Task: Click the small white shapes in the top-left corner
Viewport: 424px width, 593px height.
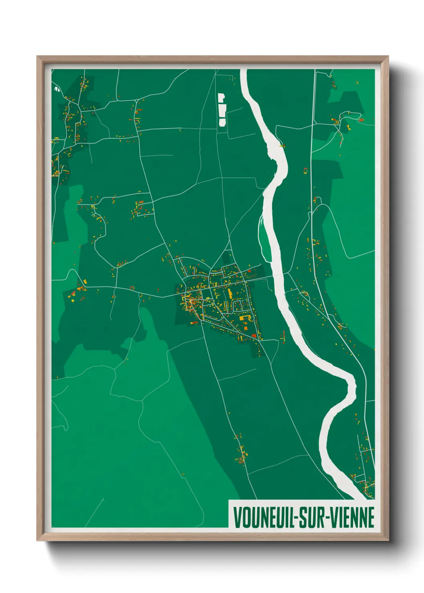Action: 56,88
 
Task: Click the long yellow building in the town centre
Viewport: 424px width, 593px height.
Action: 230,293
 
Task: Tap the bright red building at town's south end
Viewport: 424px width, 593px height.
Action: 253,335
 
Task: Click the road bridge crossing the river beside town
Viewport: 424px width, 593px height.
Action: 279,275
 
